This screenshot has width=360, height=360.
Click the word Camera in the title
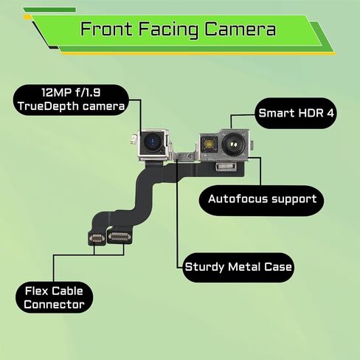(240, 29)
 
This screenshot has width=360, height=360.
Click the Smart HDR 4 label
(296, 113)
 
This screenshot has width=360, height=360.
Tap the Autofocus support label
(261, 200)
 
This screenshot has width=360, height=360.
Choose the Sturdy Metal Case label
(238, 267)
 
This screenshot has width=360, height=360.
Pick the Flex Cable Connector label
(54, 297)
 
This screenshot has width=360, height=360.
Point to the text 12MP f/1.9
(71, 93)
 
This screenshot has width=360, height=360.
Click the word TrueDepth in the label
(49, 107)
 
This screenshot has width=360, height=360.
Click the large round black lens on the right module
(233, 145)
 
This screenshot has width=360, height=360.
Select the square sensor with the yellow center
(209, 144)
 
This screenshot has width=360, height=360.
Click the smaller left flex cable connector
(97, 238)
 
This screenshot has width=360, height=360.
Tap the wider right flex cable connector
(120, 237)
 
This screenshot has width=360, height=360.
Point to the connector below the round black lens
(226, 167)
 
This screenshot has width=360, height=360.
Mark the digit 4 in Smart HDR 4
(330, 113)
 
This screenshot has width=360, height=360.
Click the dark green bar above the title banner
(49, 10)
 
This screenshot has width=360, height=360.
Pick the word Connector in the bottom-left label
(54, 305)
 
